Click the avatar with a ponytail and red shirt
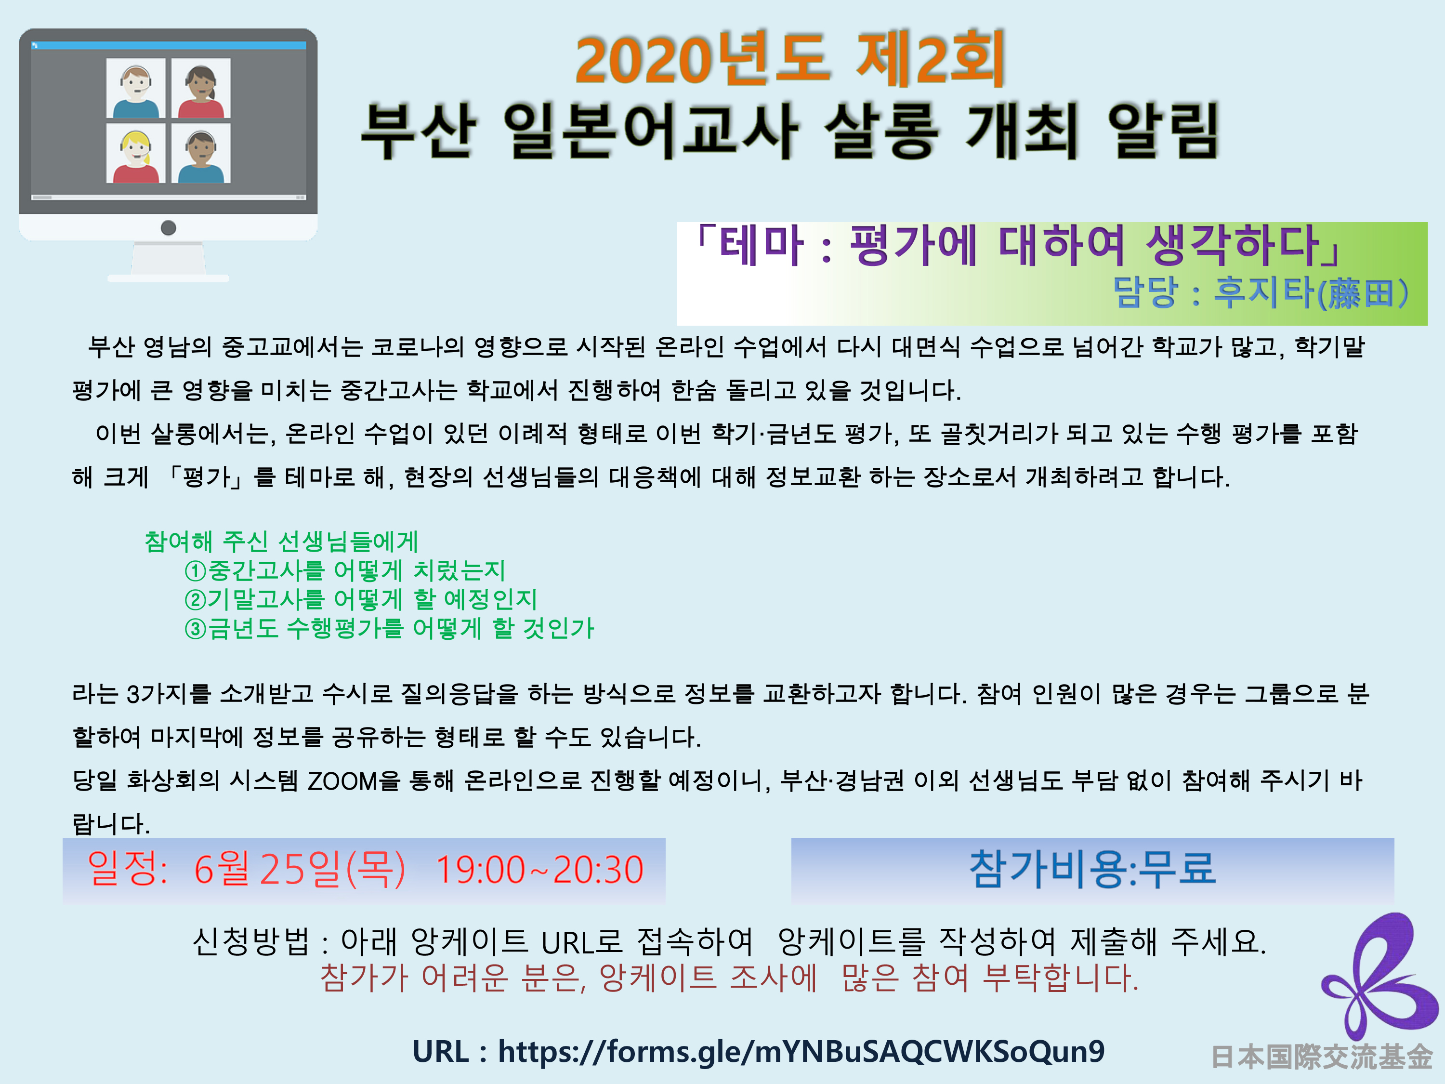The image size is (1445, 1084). pyautogui.click(x=201, y=88)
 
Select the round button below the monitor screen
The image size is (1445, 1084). pyautogui.click(x=168, y=227)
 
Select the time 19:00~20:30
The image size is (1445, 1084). pyautogui.click(x=539, y=870)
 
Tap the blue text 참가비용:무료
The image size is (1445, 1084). pyautogui.click(x=1092, y=870)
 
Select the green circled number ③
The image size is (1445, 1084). pyautogui.click(x=196, y=629)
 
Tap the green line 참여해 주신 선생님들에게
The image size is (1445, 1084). pyautogui.click(x=281, y=542)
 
